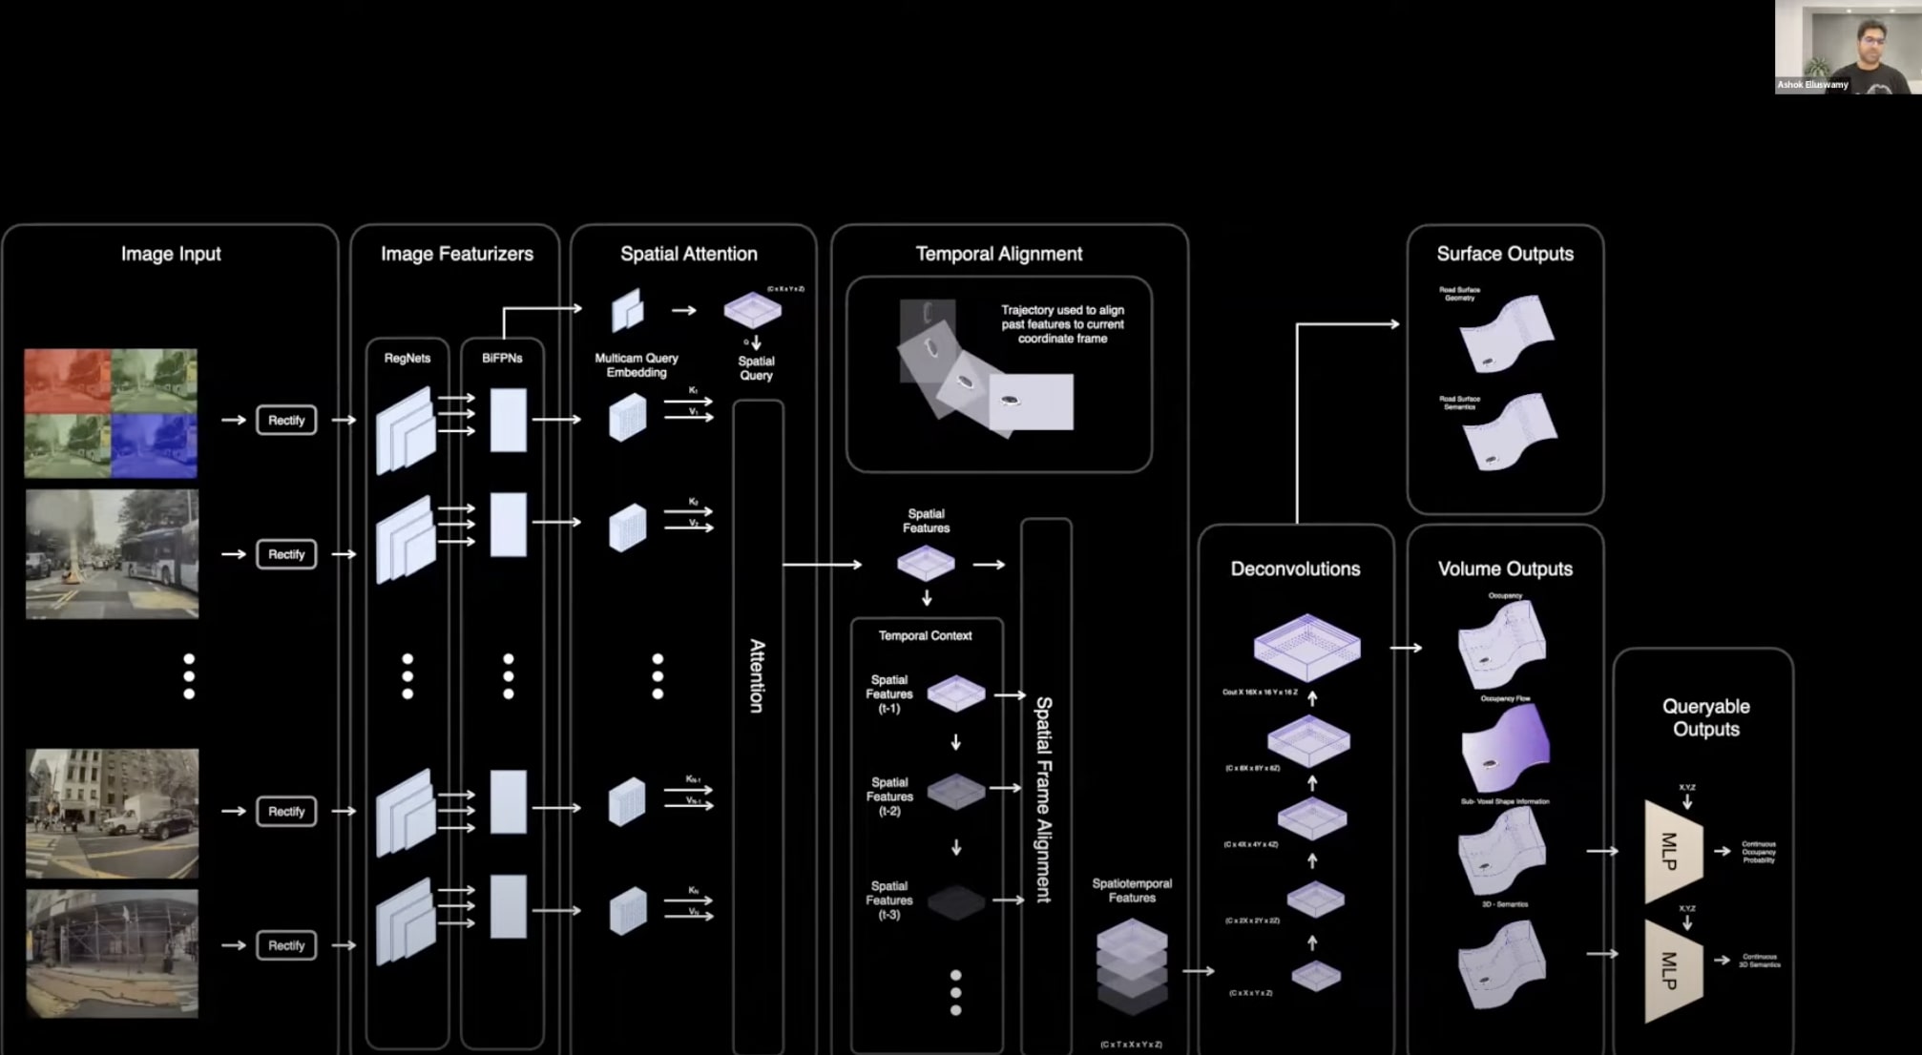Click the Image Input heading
coord(171,254)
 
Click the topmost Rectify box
coord(286,420)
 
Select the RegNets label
coord(407,358)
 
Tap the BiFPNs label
coord(502,358)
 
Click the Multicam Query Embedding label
coord(637,365)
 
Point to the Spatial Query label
coord(756,368)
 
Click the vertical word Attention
coord(757,675)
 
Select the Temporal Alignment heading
coord(998,254)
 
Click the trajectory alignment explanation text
coord(1062,324)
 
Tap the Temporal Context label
coord(925,635)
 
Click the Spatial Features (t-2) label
coord(889,796)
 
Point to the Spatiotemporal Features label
coord(1132,890)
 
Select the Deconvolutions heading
coord(1295,569)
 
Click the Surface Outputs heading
coord(1505,254)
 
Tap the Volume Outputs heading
coord(1505,569)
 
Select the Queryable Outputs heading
coord(1705,717)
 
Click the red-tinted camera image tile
coord(67,380)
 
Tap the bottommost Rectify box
coord(286,945)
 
